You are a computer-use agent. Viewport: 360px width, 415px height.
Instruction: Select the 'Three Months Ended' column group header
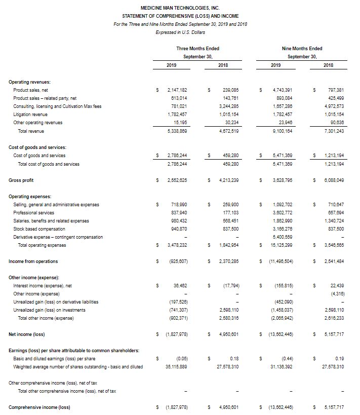(197, 49)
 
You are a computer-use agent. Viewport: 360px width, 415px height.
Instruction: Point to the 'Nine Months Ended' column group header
(302, 49)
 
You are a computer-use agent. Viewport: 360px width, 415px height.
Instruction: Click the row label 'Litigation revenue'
(32, 115)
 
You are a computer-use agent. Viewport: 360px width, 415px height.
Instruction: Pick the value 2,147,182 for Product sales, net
(177, 90)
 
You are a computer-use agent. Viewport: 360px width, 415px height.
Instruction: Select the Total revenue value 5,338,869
(177, 131)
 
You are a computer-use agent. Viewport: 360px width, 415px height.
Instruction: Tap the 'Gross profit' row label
(21, 180)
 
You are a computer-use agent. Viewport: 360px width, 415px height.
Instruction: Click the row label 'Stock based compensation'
(38, 229)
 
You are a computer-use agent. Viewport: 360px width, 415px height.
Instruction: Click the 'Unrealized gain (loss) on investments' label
(49, 310)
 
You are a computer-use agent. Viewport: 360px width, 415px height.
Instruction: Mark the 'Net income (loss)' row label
(25, 334)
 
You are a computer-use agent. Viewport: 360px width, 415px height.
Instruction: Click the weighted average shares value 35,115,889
(176, 367)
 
